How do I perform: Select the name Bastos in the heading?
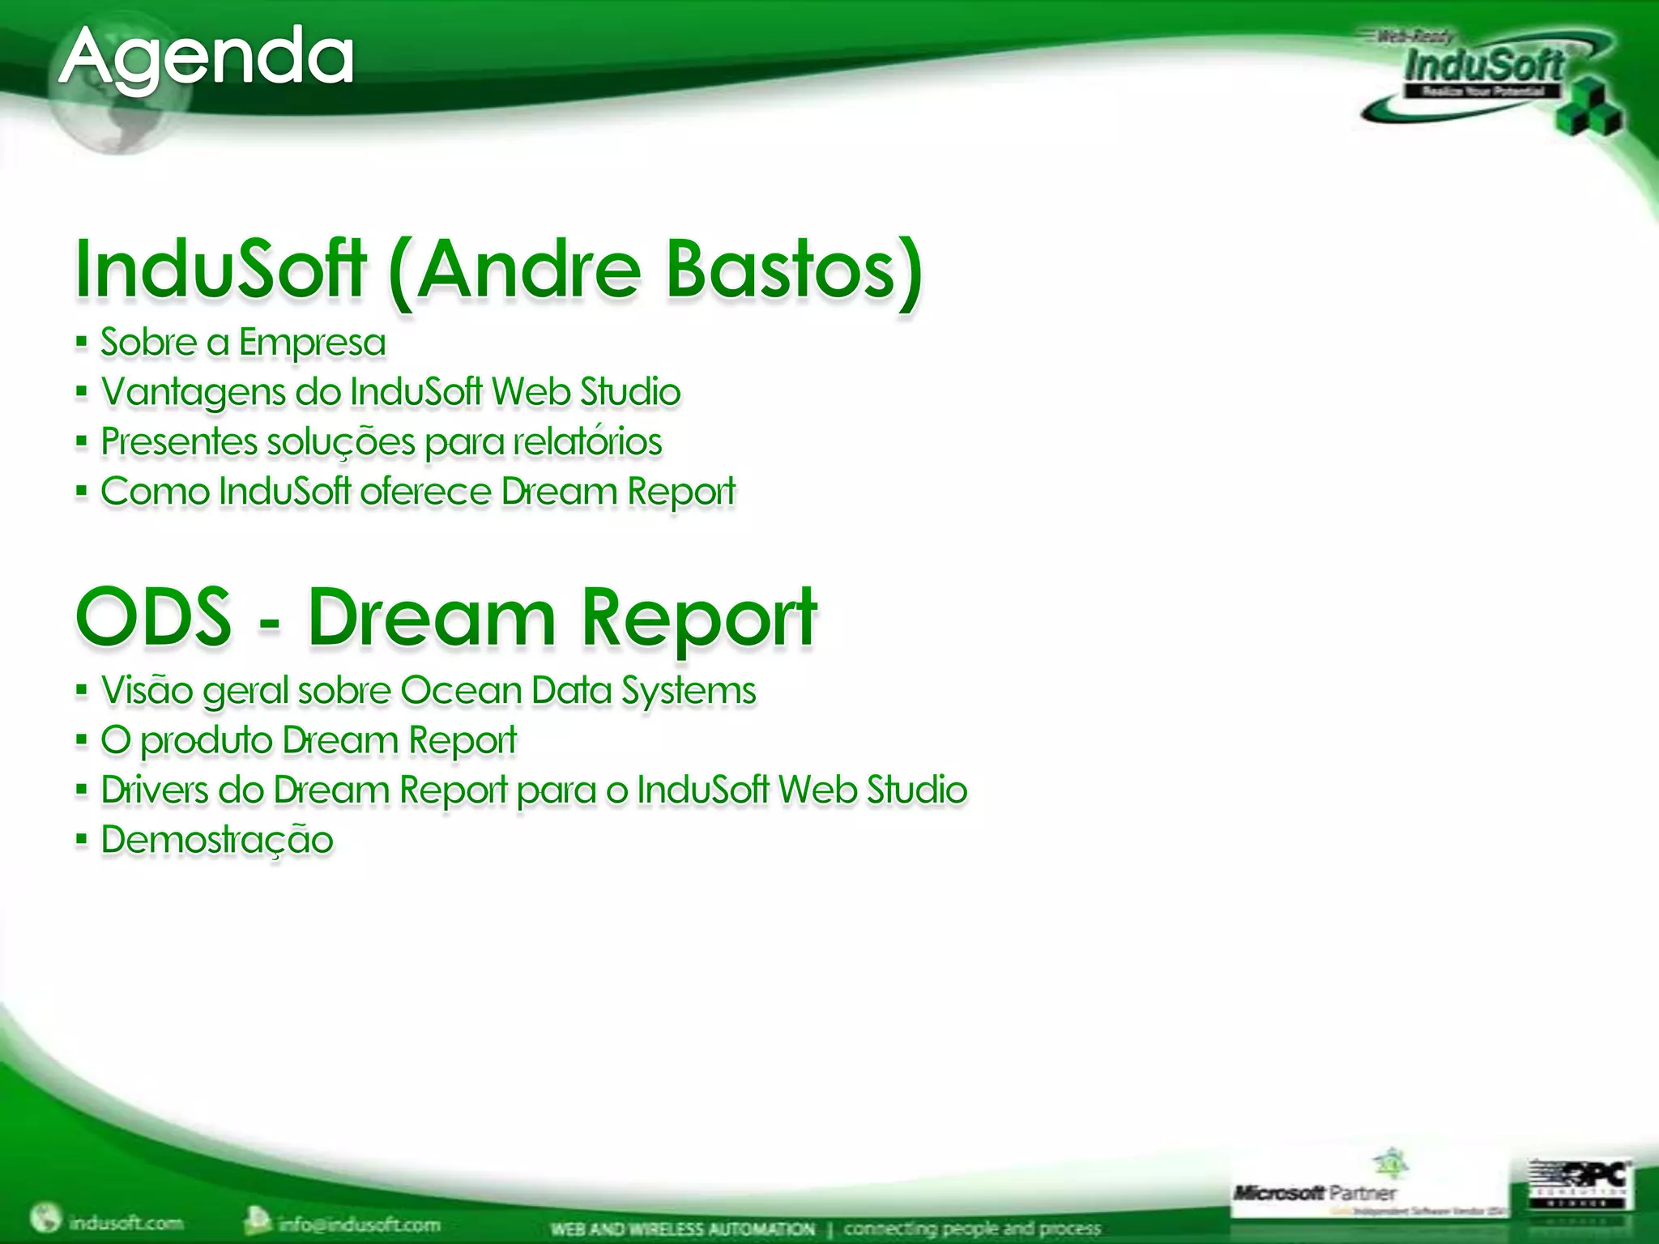[792, 269]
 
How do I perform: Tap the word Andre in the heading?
[528, 269]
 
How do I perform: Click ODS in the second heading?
[154, 617]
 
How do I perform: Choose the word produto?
[206, 741]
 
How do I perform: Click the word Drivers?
[154, 790]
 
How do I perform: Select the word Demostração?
[217, 840]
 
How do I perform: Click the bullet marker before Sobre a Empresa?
[81, 343]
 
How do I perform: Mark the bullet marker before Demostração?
[81, 840]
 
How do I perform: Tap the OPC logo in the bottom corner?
[1580, 1183]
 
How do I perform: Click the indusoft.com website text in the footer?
[126, 1222]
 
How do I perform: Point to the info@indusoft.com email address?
[359, 1224]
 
